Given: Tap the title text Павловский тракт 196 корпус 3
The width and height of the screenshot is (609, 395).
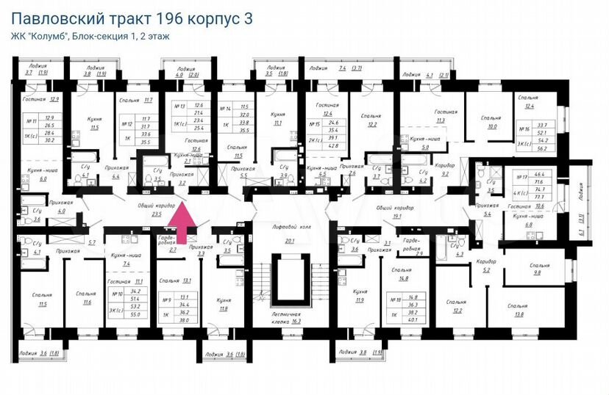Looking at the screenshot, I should click(x=132, y=18).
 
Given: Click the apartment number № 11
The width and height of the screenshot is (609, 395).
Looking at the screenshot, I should click(x=32, y=121).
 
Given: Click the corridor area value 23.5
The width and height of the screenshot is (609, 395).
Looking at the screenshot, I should click(x=156, y=215).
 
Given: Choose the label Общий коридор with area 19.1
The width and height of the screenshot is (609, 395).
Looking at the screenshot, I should click(x=391, y=209).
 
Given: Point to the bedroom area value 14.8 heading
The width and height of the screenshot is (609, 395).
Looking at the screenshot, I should click(x=401, y=278).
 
